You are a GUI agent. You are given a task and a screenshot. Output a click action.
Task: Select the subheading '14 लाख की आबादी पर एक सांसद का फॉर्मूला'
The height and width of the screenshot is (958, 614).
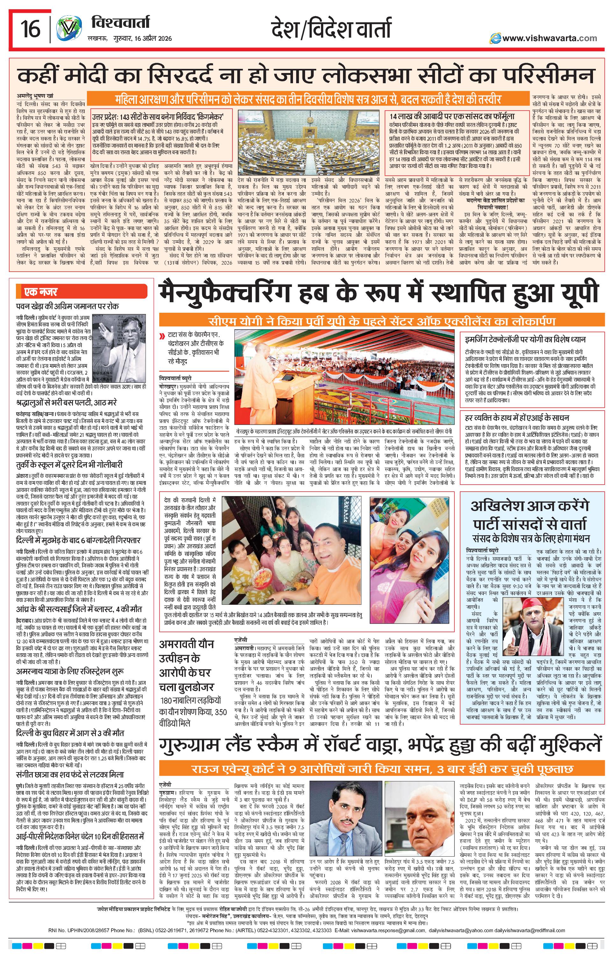pos(452,116)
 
